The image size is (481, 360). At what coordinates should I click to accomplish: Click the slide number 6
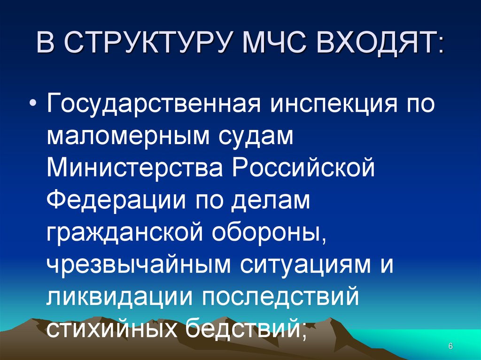coord(450,346)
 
